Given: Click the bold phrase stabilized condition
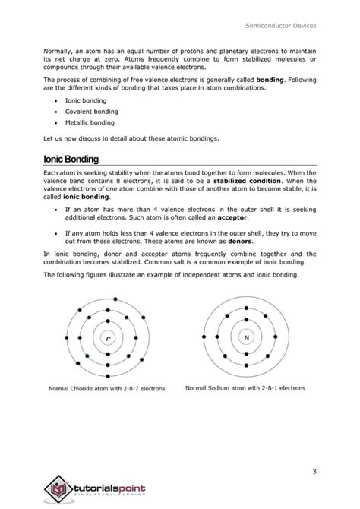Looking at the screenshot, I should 248,182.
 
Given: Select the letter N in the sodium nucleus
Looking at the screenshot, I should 245,337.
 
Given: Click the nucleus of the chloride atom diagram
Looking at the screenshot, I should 108,339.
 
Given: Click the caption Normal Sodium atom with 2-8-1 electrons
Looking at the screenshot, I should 245,387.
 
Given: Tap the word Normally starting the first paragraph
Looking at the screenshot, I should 60,47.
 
